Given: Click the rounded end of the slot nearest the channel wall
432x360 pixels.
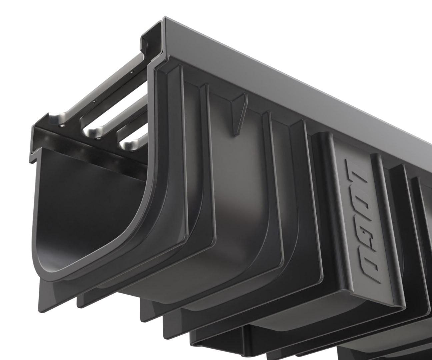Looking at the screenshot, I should [128, 145].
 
